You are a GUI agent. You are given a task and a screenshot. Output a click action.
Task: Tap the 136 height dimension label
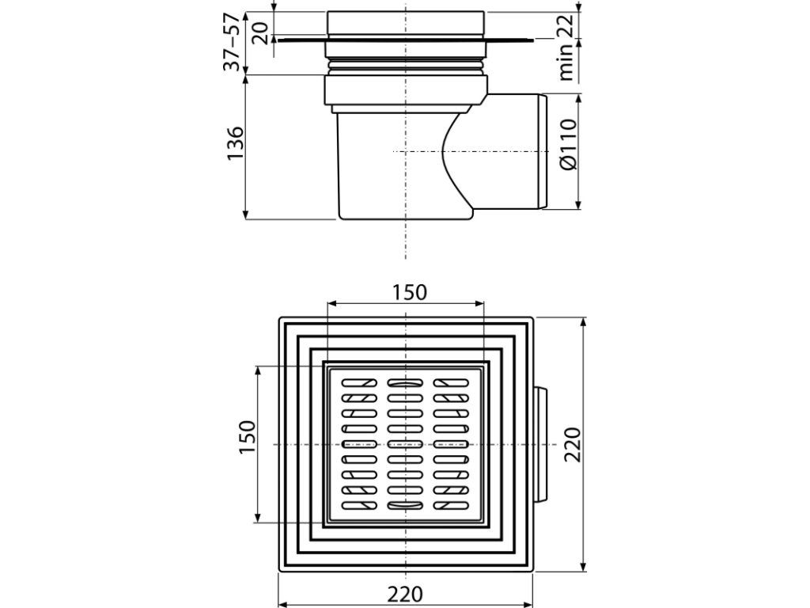click(x=235, y=143)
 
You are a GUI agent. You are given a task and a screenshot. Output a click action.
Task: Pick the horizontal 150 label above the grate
click(x=410, y=292)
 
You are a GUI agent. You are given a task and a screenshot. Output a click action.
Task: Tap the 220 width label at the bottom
click(x=405, y=593)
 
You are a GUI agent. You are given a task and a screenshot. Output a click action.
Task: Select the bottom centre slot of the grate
click(x=404, y=506)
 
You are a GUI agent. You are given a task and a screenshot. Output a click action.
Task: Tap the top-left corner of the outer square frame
click(x=280, y=319)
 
